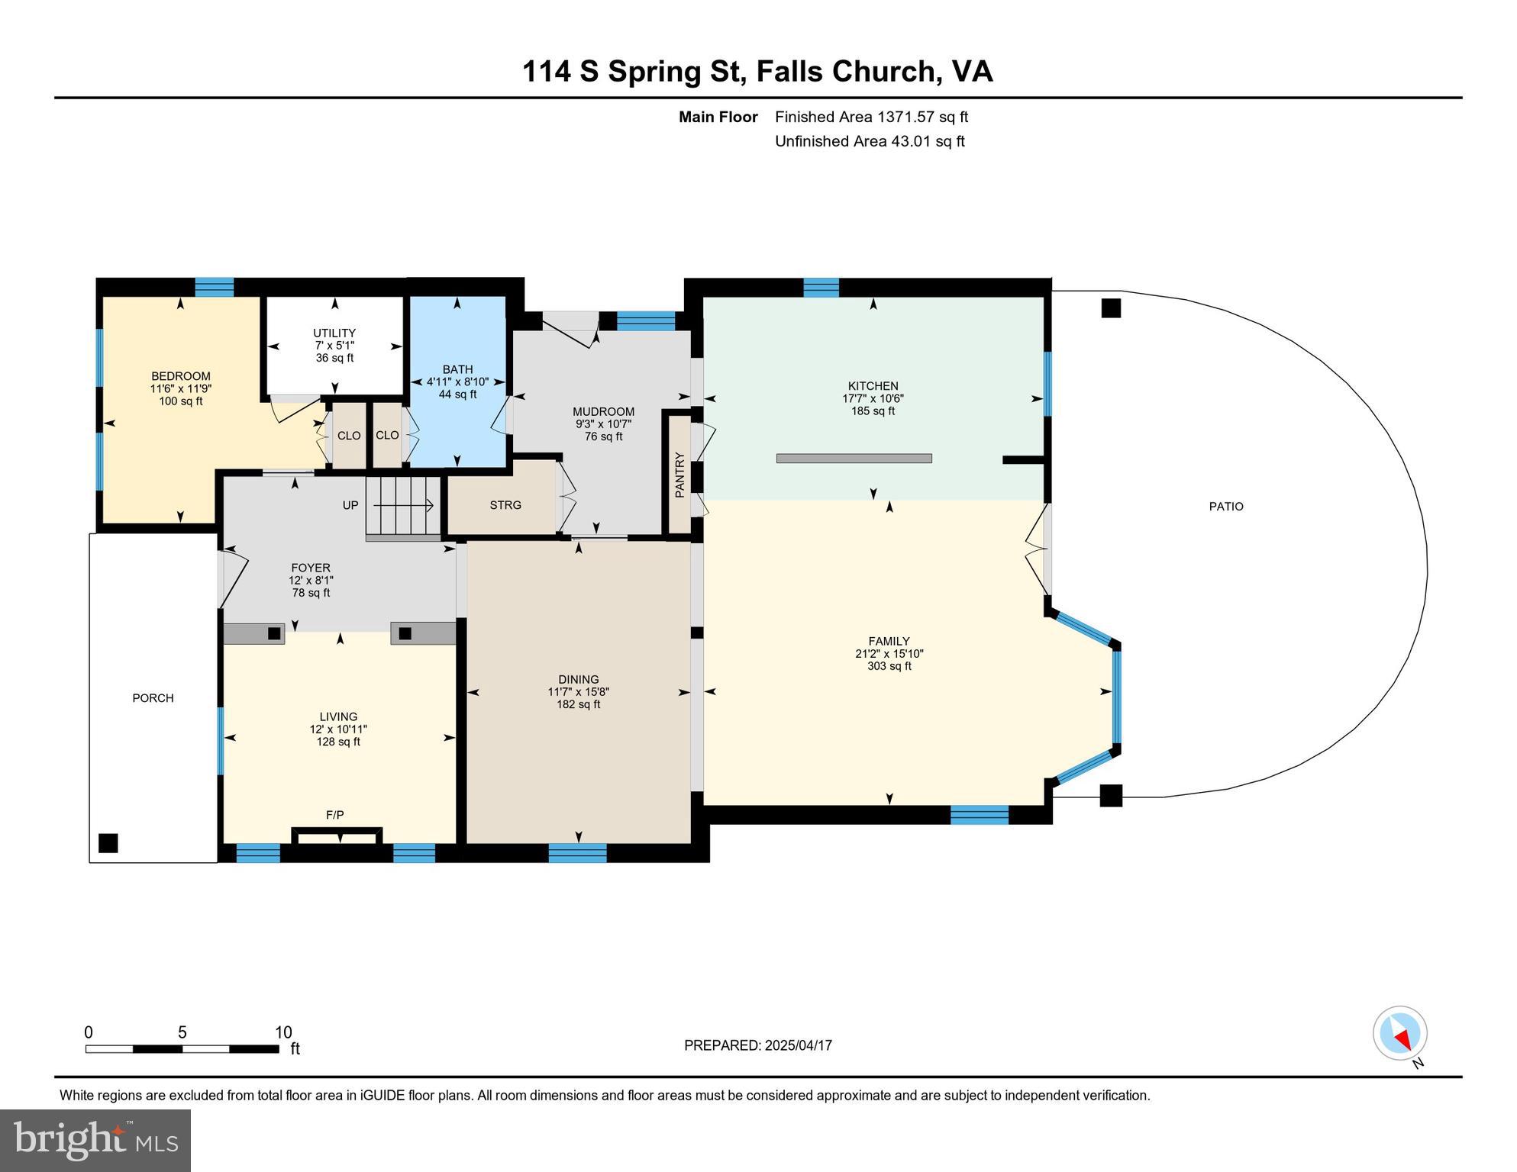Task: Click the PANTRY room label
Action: (x=679, y=475)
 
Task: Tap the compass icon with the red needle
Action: (x=1399, y=1034)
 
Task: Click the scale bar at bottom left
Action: (x=182, y=1048)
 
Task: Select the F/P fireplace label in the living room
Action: (x=334, y=815)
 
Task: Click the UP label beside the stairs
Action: (x=350, y=505)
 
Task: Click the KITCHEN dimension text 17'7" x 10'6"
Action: (x=873, y=398)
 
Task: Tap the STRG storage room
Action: (x=505, y=505)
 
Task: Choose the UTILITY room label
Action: (x=334, y=333)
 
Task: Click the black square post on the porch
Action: (x=108, y=843)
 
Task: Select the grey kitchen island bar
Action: (x=854, y=459)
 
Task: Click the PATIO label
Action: (x=1226, y=506)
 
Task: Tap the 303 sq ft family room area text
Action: (x=889, y=666)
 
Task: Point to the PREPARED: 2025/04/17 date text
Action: (x=757, y=1045)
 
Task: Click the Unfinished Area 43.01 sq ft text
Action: (x=869, y=141)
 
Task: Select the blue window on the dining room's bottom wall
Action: (x=577, y=853)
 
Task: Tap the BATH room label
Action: (x=457, y=369)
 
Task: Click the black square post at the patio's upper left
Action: (x=1111, y=308)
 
